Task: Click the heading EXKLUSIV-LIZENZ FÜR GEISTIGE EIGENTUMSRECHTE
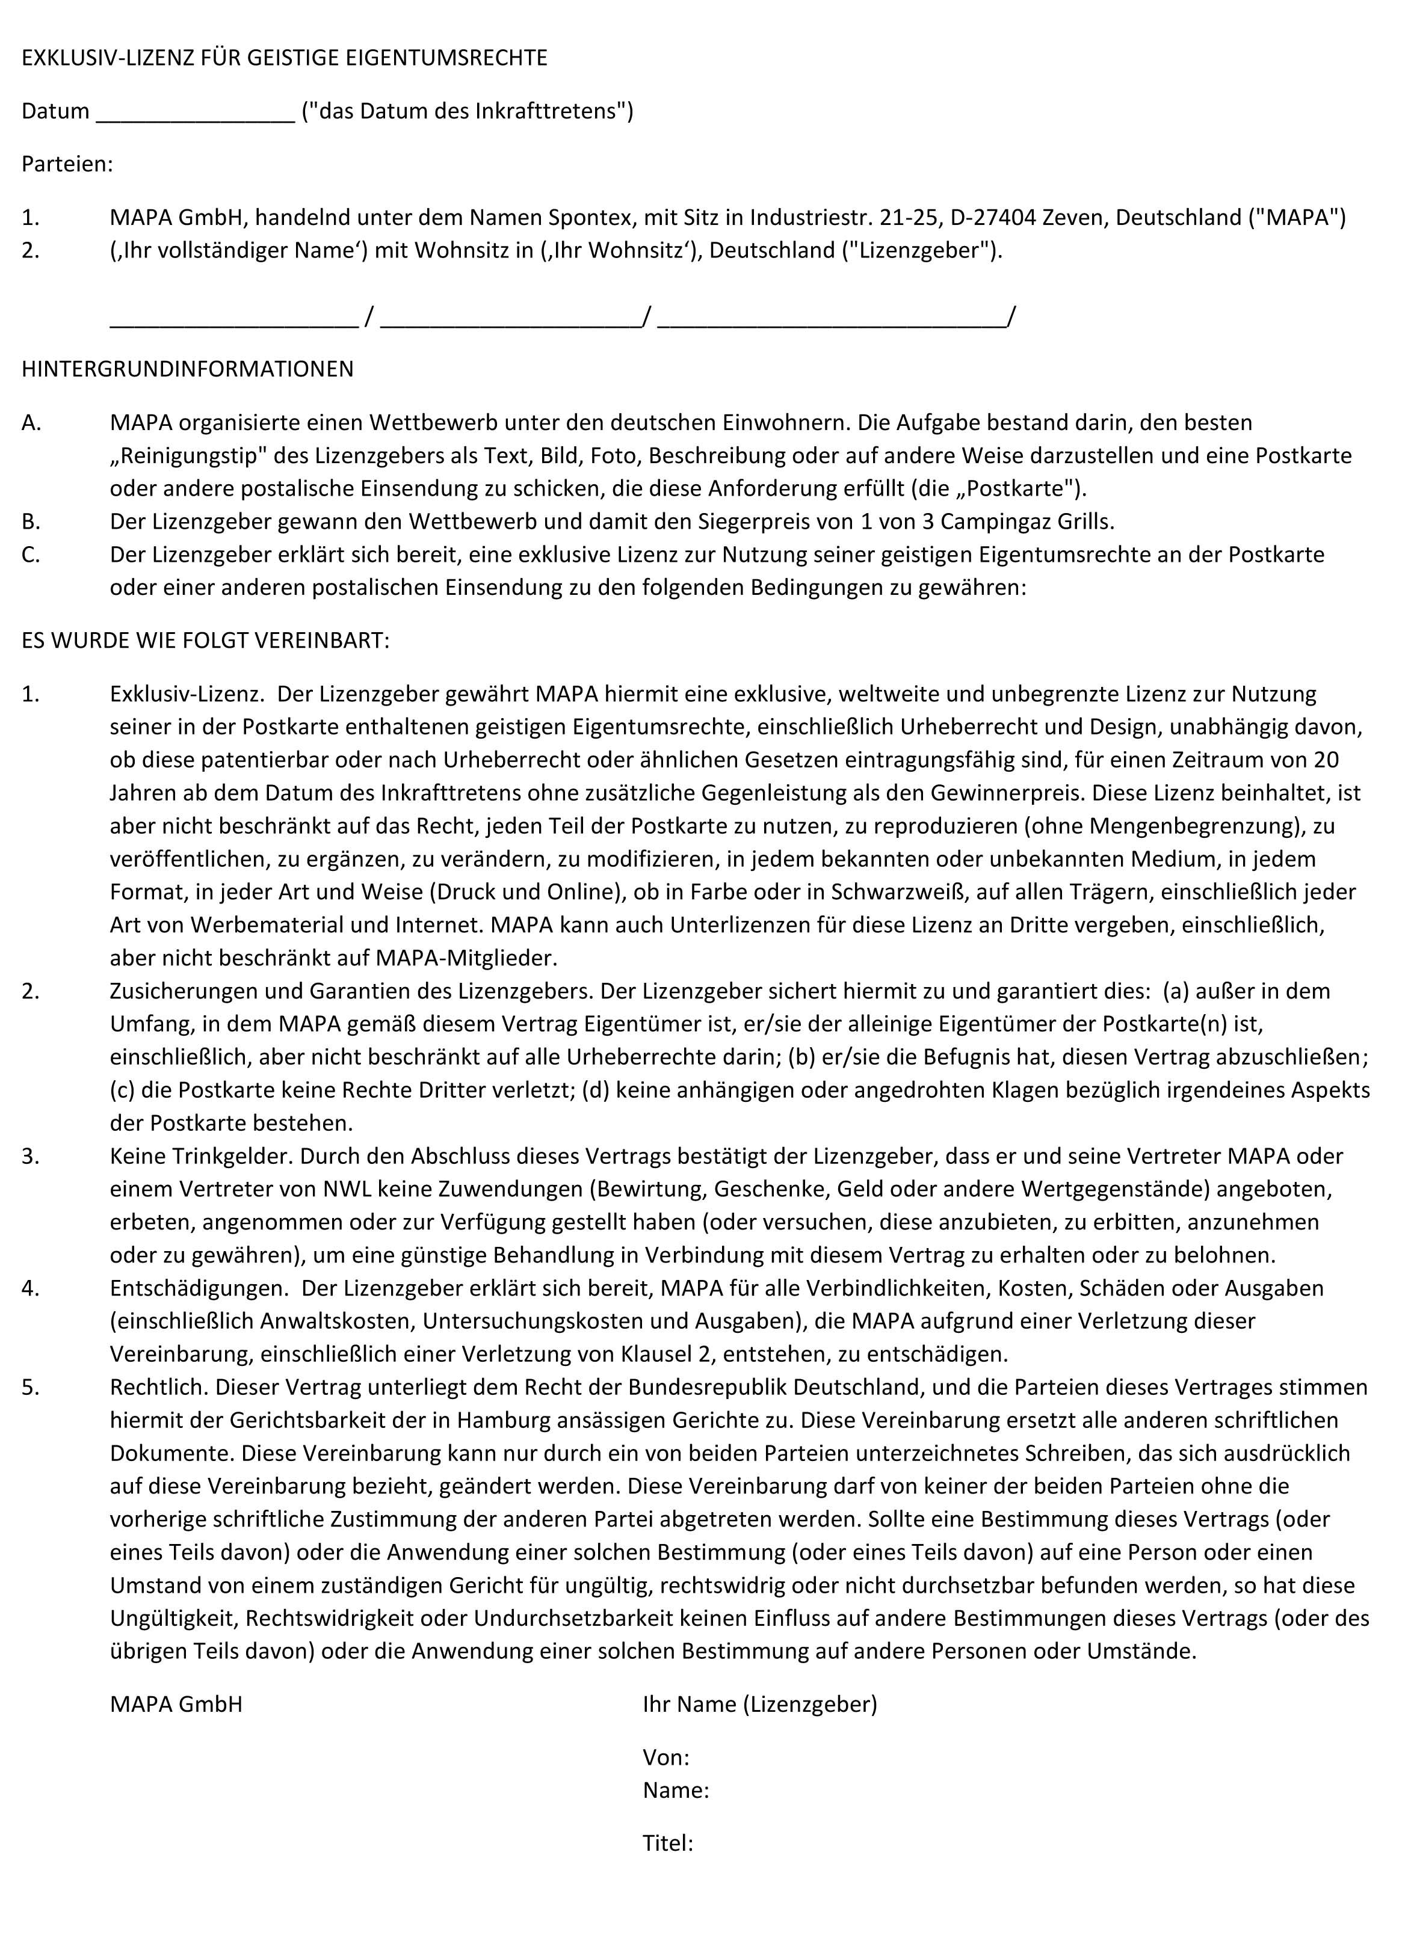click(x=284, y=58)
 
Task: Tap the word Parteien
click(x=67, y=164)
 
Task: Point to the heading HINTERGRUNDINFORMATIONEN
click(x=187, y=369)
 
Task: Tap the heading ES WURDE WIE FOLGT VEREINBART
click(x=205, y=641)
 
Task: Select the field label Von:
click(x=666, y=1758)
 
